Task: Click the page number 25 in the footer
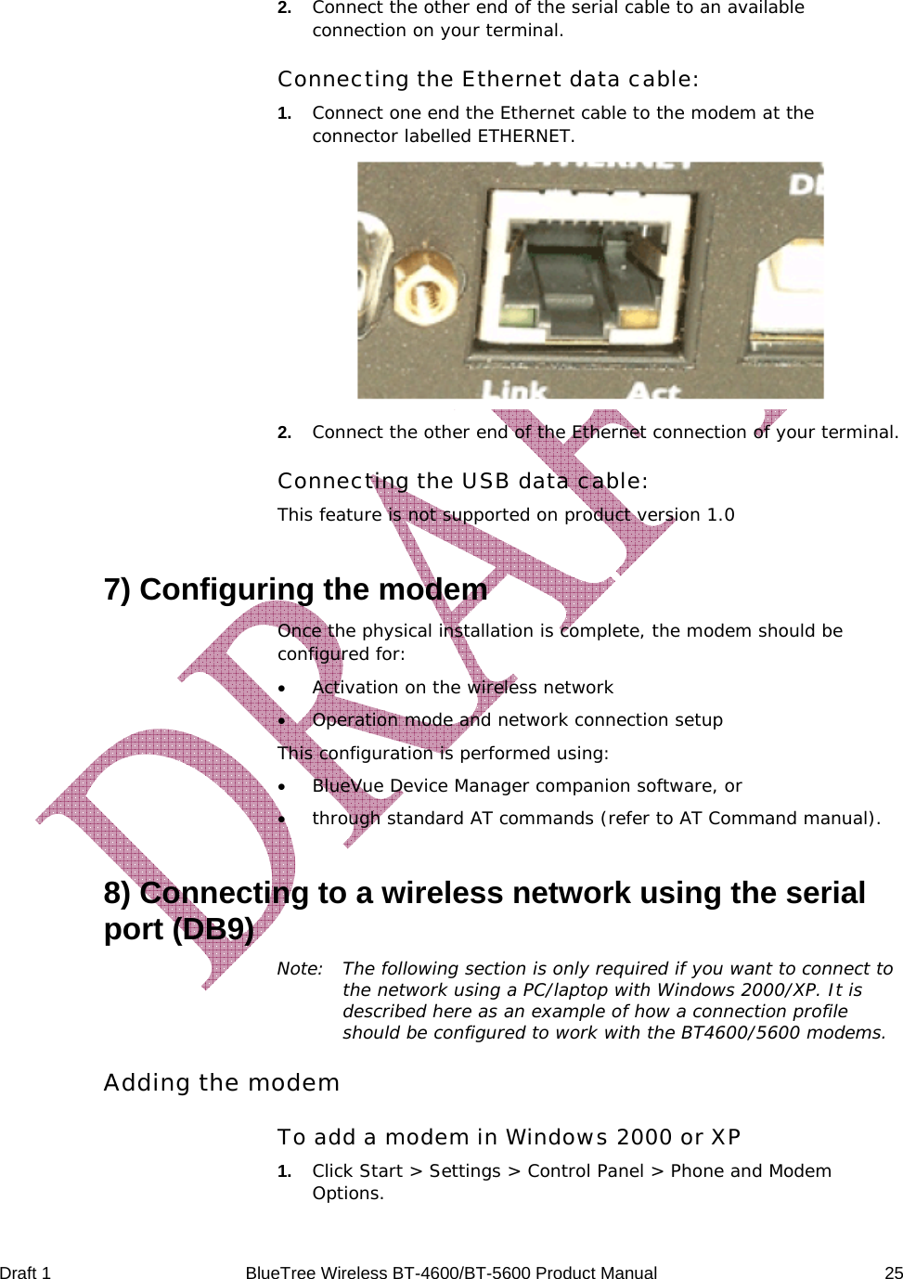[x=893, y=1273]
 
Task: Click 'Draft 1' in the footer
[x=26, y=1273]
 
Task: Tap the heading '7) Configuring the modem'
[x=295, y=589]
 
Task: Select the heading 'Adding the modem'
[x=221, y=1082]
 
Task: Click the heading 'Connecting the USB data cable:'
[x=462, y=481]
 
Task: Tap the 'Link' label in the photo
[x=514, y=391]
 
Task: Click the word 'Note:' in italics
[x=300, y=968]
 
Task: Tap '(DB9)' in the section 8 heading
[x=213, y=929]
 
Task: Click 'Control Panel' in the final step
[x=585, y=1170]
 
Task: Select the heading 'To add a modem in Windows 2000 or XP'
[x=509, y=1137]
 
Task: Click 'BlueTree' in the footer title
[x=279, y=1273]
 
